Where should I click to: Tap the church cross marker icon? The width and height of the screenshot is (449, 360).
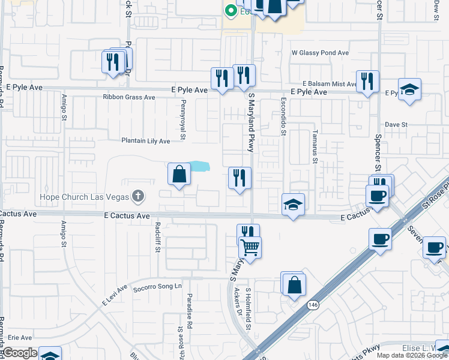[x=138, y=196]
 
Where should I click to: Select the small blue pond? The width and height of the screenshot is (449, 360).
[x=199, y=166]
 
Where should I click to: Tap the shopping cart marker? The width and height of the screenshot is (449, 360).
[x=250, y=246]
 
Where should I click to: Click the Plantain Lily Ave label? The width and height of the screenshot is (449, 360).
[x=146, y=141]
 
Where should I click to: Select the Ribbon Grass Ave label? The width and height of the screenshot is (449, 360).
[x=128, y=97]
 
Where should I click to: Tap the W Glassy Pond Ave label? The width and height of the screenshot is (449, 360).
[x=320, y=53]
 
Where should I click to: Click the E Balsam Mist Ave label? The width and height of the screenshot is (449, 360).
[x=329, y=84]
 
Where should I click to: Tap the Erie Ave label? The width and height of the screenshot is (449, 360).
[x=20, y=338]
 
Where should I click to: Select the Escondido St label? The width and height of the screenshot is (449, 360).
[x=283, y=117]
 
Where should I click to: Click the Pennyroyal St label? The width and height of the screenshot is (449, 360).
[x=183, y=124]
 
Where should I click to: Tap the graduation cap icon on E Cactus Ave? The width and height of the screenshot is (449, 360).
[x=293, y=205]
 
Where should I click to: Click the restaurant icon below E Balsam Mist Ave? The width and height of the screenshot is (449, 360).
[x=367, y=81]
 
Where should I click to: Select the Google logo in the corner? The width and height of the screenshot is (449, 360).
[x=20, y=353]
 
